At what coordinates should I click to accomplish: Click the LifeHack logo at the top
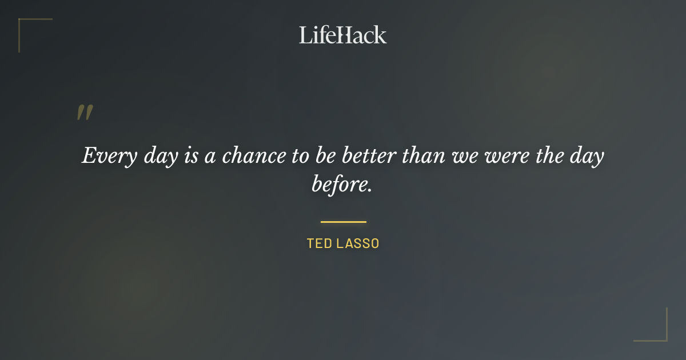(343, 35)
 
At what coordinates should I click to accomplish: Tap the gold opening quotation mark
(85, 113)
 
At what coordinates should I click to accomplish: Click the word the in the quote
(549, 155)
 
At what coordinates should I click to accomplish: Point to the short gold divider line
(343, 222)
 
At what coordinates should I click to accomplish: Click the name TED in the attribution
(319, 243)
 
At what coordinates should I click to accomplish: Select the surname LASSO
(358, 243)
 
